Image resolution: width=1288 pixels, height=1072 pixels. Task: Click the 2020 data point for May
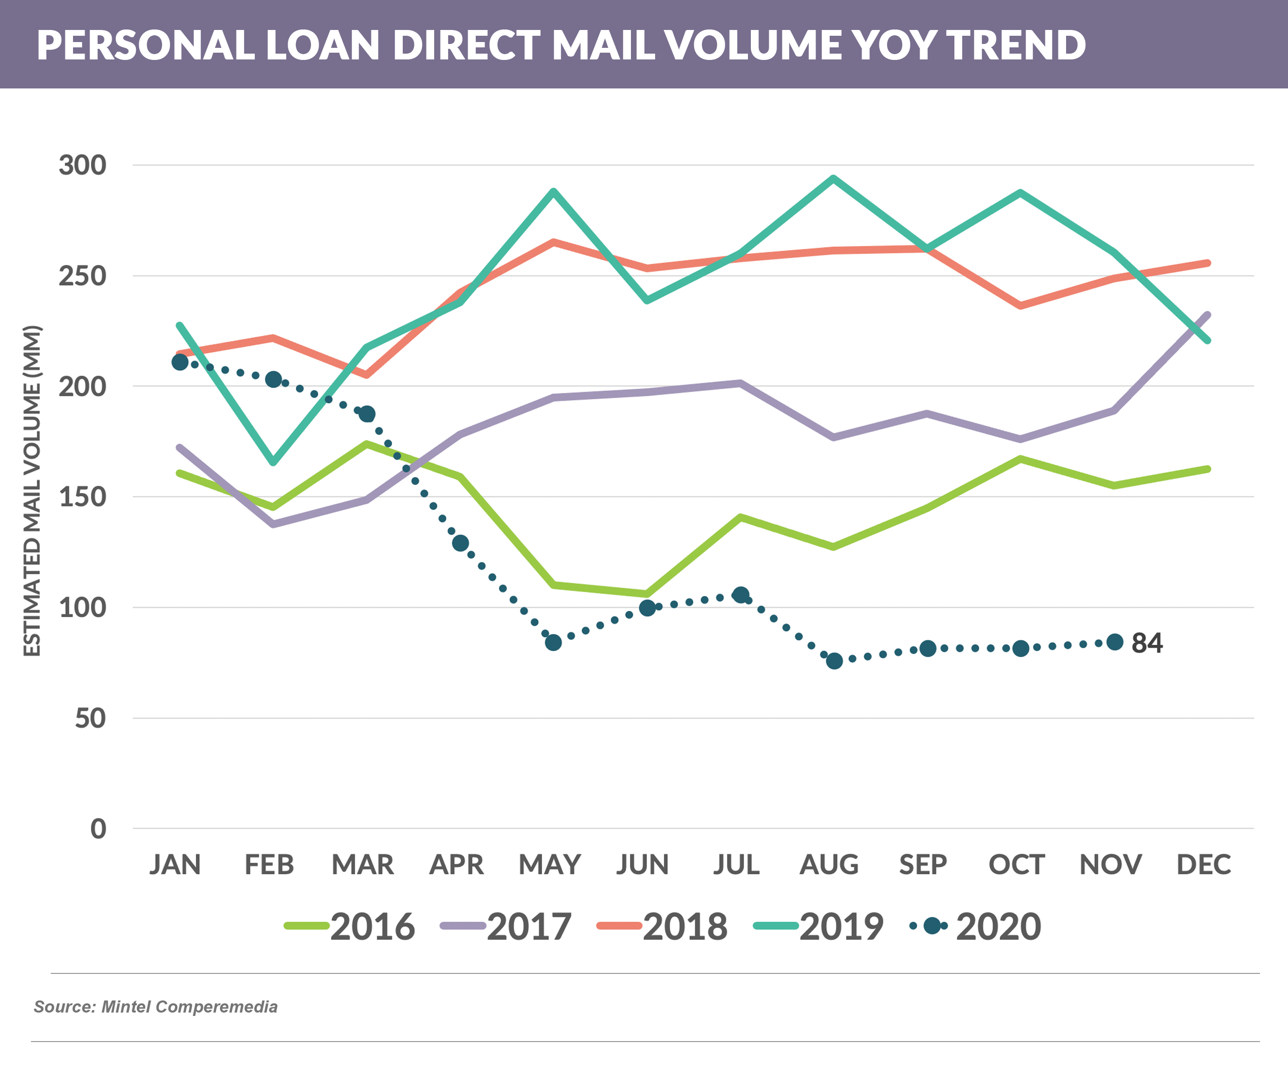553,643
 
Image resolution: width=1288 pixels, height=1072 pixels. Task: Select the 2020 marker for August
834,661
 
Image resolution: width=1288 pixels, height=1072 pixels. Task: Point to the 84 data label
1147,643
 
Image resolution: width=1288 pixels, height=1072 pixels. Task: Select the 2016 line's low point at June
647,594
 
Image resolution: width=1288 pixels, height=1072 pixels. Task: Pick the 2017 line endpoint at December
1208,315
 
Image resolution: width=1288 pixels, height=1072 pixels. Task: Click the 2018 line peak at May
553,242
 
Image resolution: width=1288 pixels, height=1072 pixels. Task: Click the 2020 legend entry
977,926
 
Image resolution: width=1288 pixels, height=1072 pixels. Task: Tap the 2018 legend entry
663,926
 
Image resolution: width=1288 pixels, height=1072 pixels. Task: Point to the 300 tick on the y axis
82,166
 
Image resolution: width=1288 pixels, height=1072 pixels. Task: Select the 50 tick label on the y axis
90,718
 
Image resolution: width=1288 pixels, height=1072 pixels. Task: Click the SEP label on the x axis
923,865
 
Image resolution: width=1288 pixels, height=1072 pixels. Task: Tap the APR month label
456,865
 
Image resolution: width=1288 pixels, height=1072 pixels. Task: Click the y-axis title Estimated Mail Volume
32,491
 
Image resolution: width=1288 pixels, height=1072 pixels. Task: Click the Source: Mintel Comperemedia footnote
156,1007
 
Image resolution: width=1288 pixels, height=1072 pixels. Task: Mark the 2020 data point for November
1114,642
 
